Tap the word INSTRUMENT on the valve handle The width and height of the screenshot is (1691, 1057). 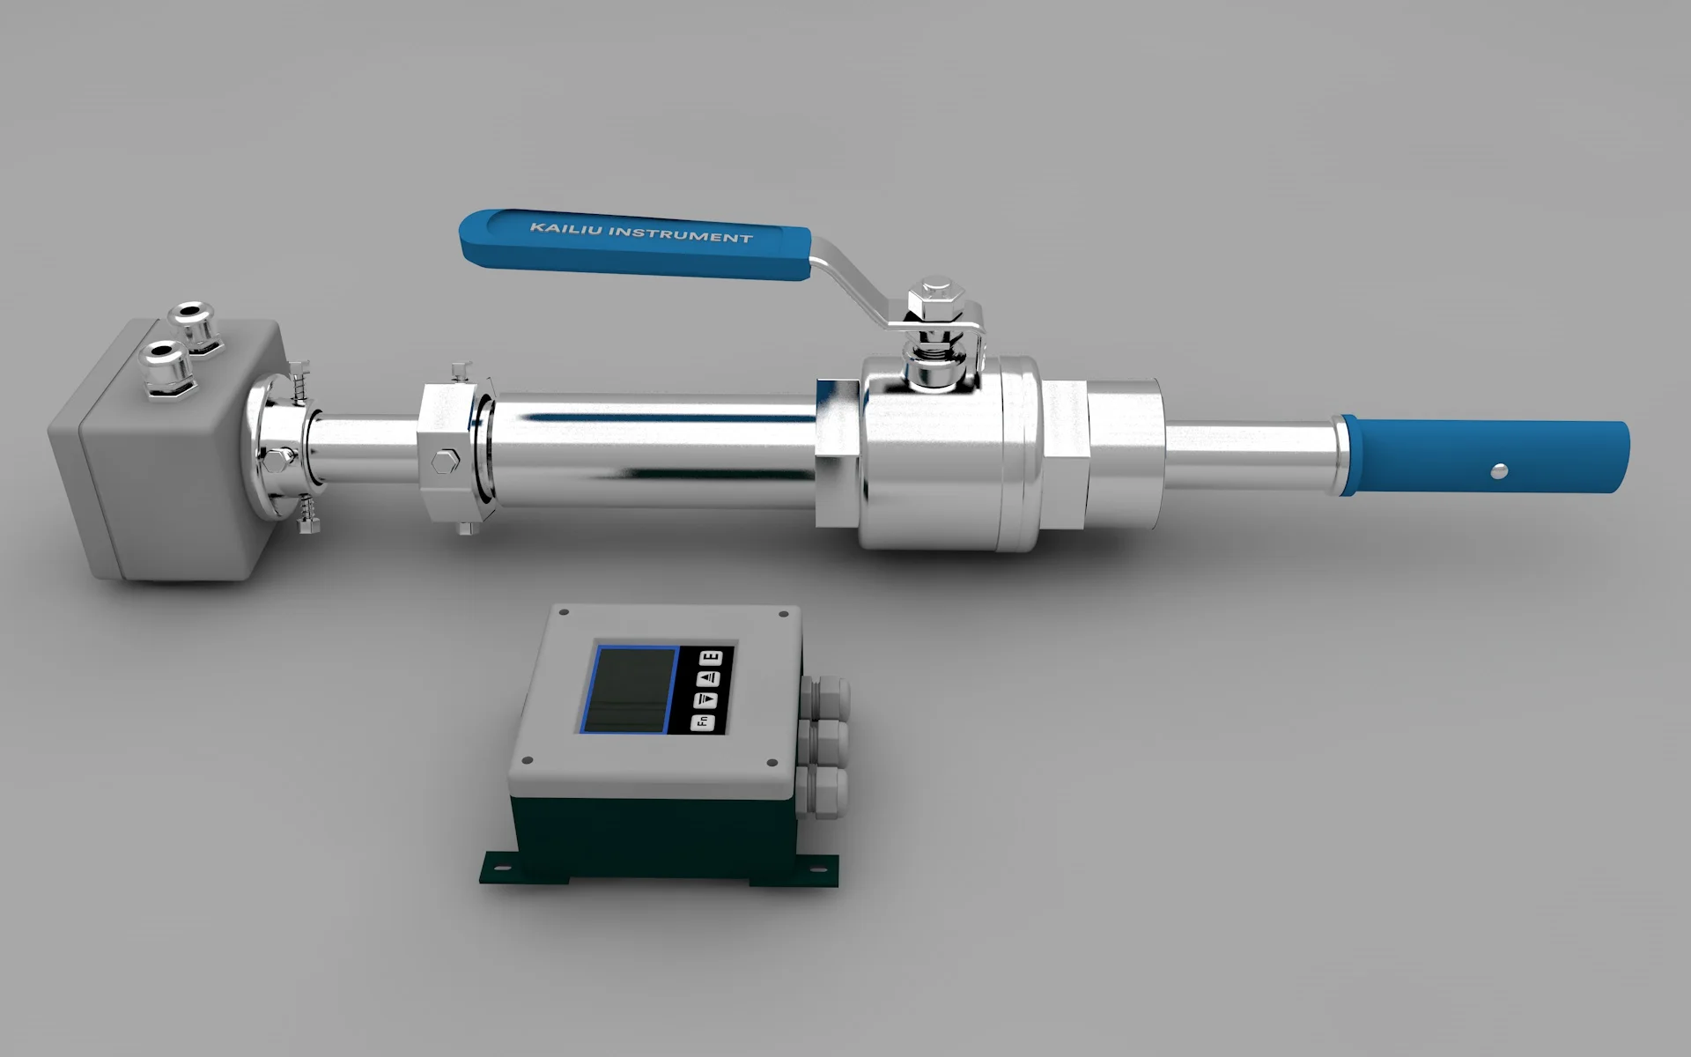pos(680,234)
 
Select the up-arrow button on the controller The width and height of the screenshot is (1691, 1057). pos(709,678)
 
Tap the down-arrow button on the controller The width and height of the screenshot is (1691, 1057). pos(706,700)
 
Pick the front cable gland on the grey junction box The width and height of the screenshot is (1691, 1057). pos(165,365)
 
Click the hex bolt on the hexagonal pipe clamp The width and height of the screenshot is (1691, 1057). pos(445,460)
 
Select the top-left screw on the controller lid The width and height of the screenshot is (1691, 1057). pos(564,612)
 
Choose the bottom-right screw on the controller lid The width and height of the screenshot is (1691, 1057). pos(772,763)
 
